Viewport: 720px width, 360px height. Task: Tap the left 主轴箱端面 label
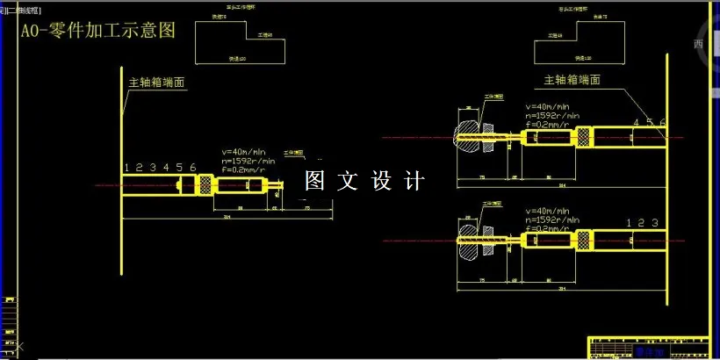pos(162,82)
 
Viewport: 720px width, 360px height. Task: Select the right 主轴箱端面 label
pos(572,79)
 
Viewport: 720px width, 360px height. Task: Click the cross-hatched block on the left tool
pos(205,185)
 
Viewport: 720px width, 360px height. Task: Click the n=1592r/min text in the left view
pos(249,161)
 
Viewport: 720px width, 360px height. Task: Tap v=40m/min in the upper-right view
pos(549,107)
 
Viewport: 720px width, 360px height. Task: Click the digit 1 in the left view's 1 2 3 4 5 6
pos(127,168)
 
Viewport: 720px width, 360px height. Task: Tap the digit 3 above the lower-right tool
pos(654,223)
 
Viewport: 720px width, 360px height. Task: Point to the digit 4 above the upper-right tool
pos(636,122)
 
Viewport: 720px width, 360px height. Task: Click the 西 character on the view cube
pos(698,44)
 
